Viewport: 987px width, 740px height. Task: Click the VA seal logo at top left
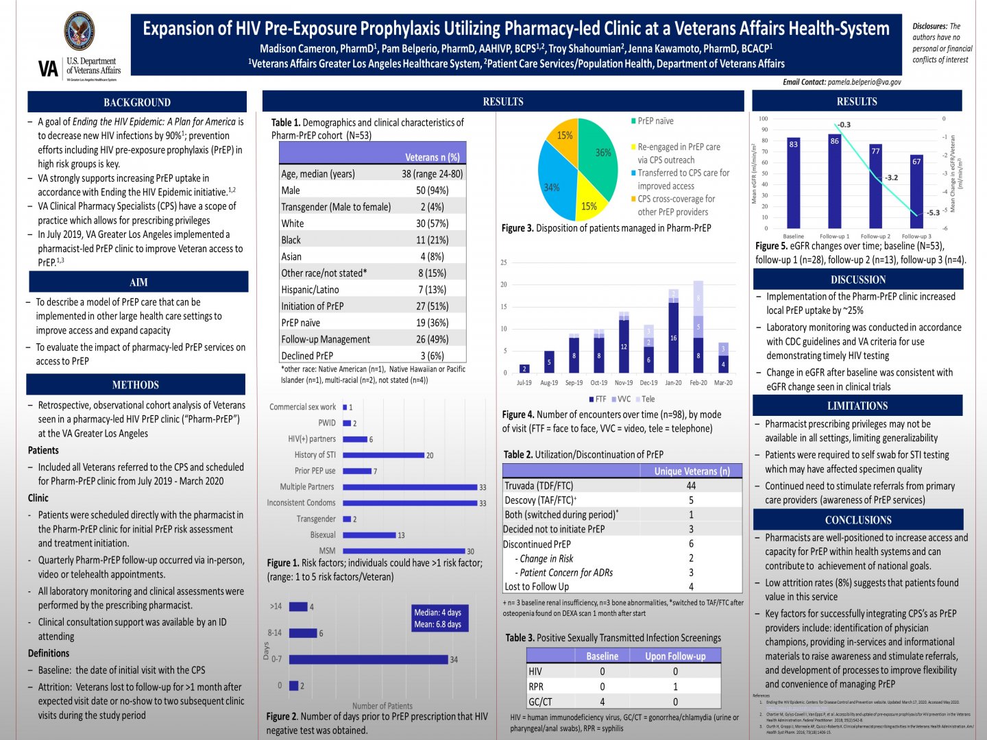pos(80,31)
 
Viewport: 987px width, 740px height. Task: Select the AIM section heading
pos(138,282)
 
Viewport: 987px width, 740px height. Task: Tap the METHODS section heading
pos(136,385)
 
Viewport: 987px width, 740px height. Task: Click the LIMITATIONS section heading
pos(857,406)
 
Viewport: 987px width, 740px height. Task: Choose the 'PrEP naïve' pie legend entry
pos(655,121)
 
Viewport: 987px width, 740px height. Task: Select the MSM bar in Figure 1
pos(404,551)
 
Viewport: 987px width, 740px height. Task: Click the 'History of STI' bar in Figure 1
pos(383,454)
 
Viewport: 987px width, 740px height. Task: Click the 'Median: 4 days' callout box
pos(437,618)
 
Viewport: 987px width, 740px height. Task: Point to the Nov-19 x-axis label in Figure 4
pos(624,383)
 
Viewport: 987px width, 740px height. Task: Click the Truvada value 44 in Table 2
pos(691,485)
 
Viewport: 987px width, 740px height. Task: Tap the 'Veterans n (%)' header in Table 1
pos(432,157)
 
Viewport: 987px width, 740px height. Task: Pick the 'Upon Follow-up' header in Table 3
pos(675,656)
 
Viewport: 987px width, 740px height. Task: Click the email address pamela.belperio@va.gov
pos(864,82)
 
